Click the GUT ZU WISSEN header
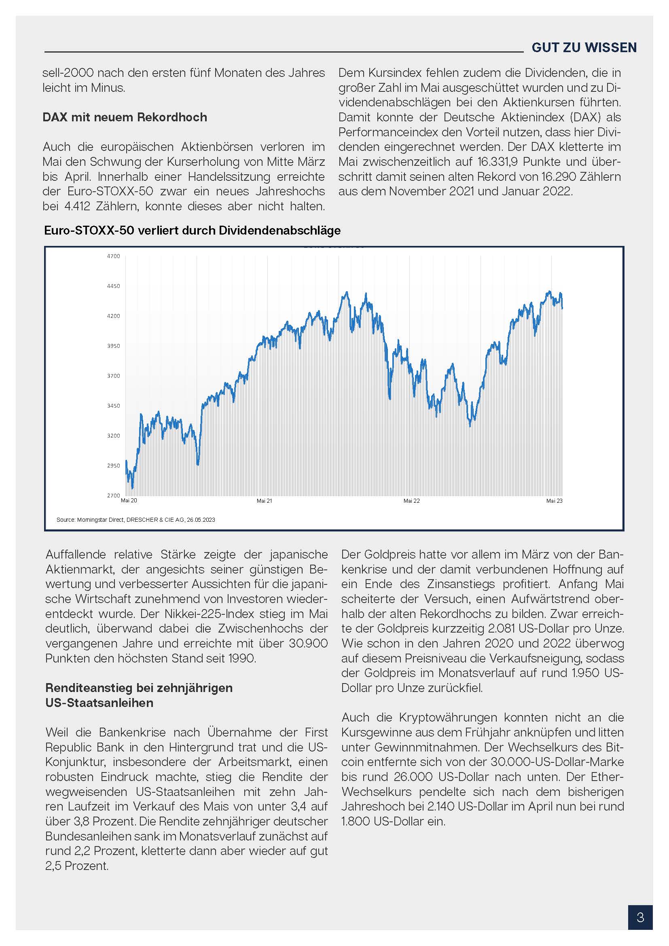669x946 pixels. click(x=584, y=48)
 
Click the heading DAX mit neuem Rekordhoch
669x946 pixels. click(x=125, y=117)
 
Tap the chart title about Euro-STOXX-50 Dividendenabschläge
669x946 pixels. click(x=193, y=230)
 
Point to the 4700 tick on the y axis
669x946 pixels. click(x=113, y=256)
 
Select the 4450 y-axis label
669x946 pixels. click(x=113, y=286)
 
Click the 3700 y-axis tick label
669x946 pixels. click(x=113, y=376)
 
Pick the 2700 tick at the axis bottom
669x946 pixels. click(x=113, y=496)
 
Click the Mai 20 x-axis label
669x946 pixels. click(x=129, y=501)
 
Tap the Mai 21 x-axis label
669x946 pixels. click(x=265, y=501)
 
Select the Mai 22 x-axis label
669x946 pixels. click(x=411, y=501)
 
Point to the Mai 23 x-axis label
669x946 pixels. click(x=554, y=501)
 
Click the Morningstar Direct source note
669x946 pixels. click(x=135, y=520)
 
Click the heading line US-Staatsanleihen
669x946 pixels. click(x=99, y=703)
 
